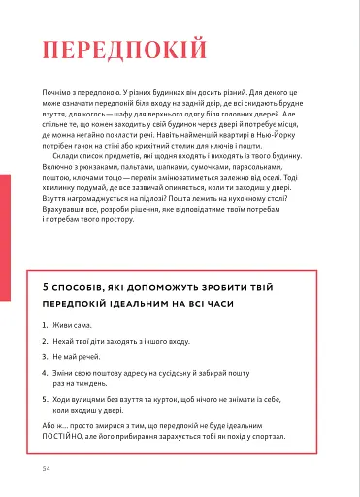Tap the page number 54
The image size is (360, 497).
[x=46, y=467]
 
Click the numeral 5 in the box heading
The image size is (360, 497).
[x=46, y=289]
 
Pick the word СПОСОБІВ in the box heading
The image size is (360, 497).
[x=85, y=289]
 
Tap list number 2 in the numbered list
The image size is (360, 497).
[x=46, y=342]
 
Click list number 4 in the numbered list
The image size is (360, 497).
[x=46, y=373]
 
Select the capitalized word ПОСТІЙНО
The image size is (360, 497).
[x=67, y=437]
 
